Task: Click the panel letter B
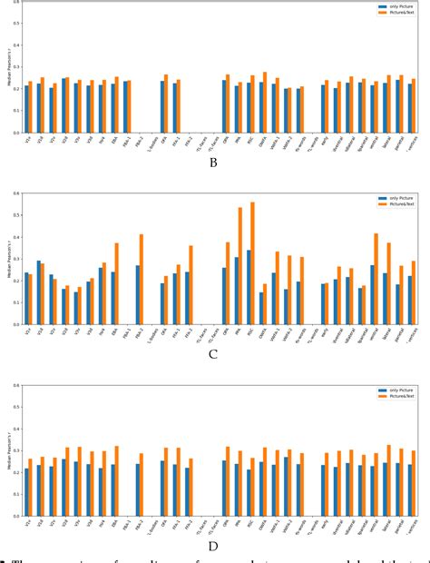212,163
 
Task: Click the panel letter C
212,355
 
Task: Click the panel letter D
212,547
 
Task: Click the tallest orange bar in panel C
251,263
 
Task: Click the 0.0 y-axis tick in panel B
14,133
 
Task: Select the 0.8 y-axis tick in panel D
14,385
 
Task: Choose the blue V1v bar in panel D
26,492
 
